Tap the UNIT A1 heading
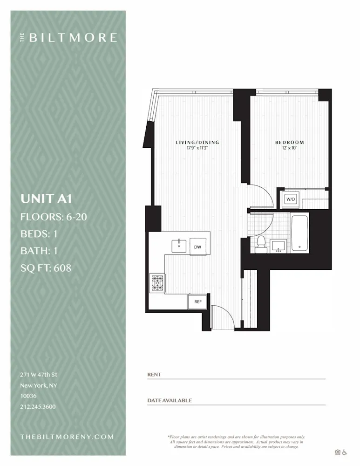(x=46, y=199)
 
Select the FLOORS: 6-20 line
(x=54, y=217)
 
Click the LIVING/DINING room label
(x=197, y=143)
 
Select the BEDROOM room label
(x=289, y=143)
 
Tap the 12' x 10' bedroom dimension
(x=289, y=148)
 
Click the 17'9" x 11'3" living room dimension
(x=197, y=148)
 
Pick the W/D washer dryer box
(x=291, y=199)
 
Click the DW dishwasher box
(x=197, y=247)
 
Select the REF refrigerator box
(x=198, y=302)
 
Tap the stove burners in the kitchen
(x=157, y=283)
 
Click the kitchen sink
(x=179, y=245)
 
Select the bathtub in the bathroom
(x=300, y=233)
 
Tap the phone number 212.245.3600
(x=38, y=407)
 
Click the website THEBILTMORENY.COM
(x=67, y=437)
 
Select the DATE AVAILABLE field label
(x=170, y=400)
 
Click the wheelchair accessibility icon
(x=345, y=452)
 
